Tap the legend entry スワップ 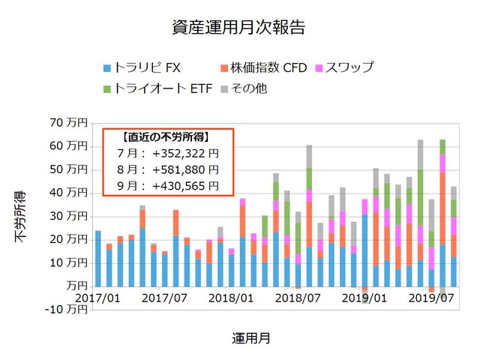tap(346, 68)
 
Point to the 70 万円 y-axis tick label tap(66, 121)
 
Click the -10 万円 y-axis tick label tap(64, 310)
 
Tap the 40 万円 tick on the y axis tap(66, 192)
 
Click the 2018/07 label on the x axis tap(298, 298)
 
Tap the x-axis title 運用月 tap(252, 338)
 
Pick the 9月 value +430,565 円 tap(185, 185)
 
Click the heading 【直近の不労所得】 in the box tap(166, 137)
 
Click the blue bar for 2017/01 tap(97, 259)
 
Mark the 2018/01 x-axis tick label tap(231, 298)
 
